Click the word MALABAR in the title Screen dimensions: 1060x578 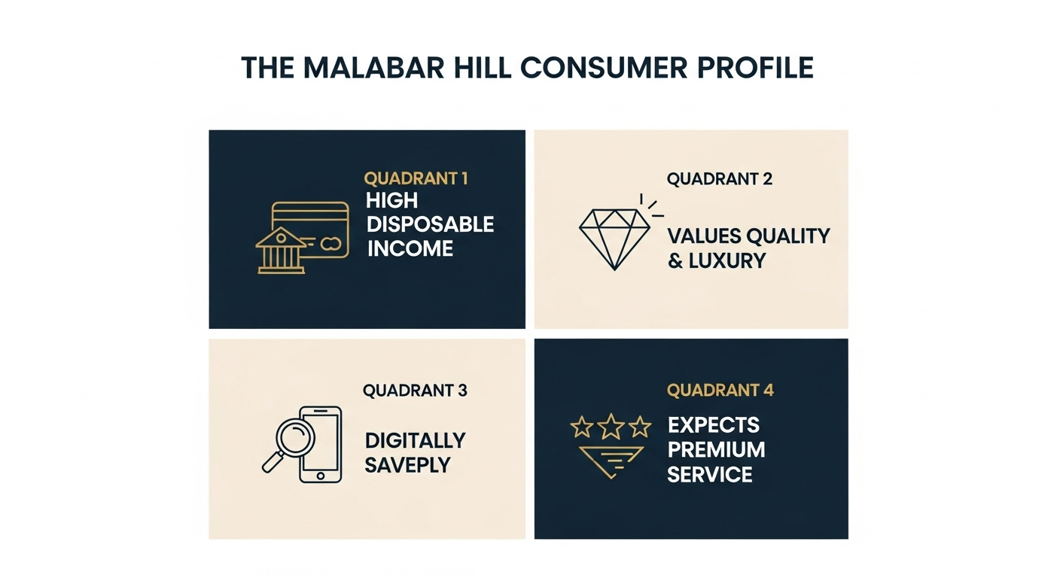point(374,68)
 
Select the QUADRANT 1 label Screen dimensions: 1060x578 point(416,179)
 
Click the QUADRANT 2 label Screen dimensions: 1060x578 point(719,179)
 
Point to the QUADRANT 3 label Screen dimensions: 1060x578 point(415,391)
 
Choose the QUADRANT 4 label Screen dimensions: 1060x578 point(720,390)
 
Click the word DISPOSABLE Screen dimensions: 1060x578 point(430,224)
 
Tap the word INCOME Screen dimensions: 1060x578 point(410,249)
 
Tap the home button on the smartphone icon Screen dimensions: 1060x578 point(321,476)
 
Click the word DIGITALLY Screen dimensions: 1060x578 point(415,440)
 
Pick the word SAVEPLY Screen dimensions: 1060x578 point(407,465)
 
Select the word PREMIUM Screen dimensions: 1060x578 point(716,449)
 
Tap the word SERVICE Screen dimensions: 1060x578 point(710,474)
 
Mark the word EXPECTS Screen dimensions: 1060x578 point(714,424)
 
